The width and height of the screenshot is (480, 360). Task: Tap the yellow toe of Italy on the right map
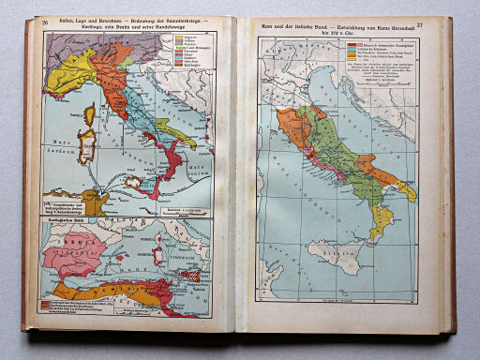pyautogui.click(x=381, y=223)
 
